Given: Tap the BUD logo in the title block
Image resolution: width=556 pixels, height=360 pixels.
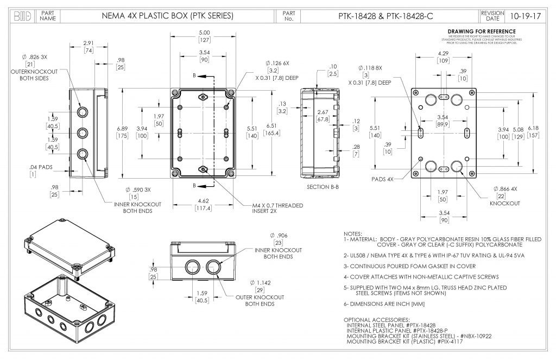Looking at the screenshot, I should click(x=22, y=16).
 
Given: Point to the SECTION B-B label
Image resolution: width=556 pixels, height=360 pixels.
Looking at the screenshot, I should click(x=323, y=187).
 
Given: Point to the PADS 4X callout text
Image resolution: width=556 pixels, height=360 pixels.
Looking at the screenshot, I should click(x=383, y=179).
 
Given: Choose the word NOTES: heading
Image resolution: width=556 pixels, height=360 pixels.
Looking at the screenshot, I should click(x=354, y=233).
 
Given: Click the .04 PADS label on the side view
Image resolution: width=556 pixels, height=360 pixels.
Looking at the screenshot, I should click(x=41, y=167).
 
